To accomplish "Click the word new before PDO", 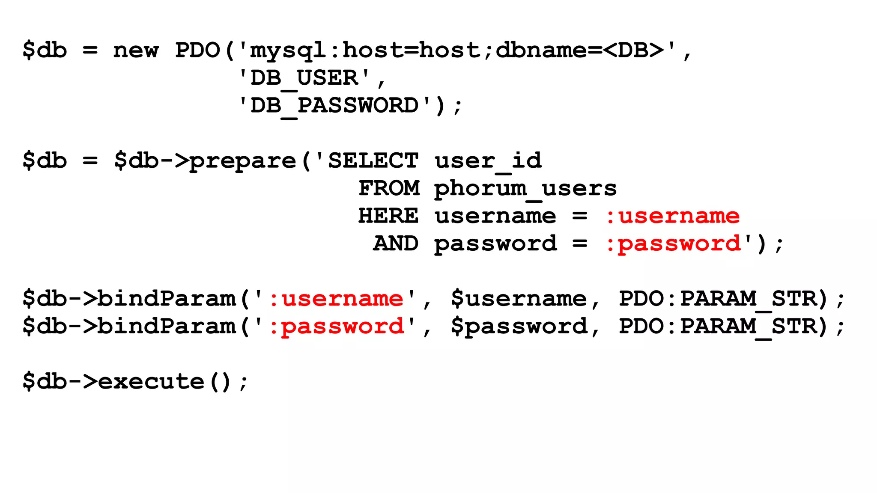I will [136, 50].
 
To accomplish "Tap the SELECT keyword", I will [373, 161].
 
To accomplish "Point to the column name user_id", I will [488, 161].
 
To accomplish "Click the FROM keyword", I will [389, 188].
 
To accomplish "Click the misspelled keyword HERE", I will [388, 216].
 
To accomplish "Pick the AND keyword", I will [396, 244].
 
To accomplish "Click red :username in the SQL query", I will [672, 216].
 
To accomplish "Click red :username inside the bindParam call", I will [336, 298].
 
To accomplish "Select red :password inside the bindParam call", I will [337, 327].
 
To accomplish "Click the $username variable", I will [519, 298].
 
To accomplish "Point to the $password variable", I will [519, 327].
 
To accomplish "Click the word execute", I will [151, 381].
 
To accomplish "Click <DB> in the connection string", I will [634, 50].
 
